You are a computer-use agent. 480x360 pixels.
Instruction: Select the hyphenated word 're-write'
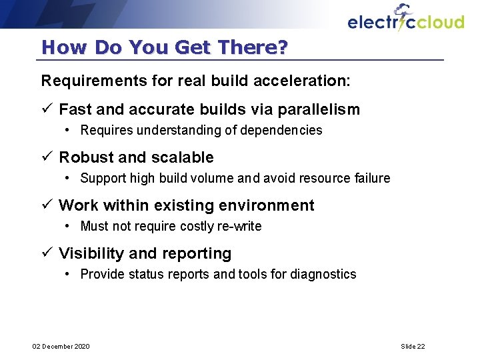coord(239,226)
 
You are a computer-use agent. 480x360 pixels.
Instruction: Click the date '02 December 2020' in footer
coord(61,346)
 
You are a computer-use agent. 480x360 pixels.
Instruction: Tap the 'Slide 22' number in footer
coord(413,346)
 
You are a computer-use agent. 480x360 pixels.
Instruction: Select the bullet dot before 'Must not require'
coord(69,226)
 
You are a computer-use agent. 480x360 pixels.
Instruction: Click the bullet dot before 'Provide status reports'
coord(69,274)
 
